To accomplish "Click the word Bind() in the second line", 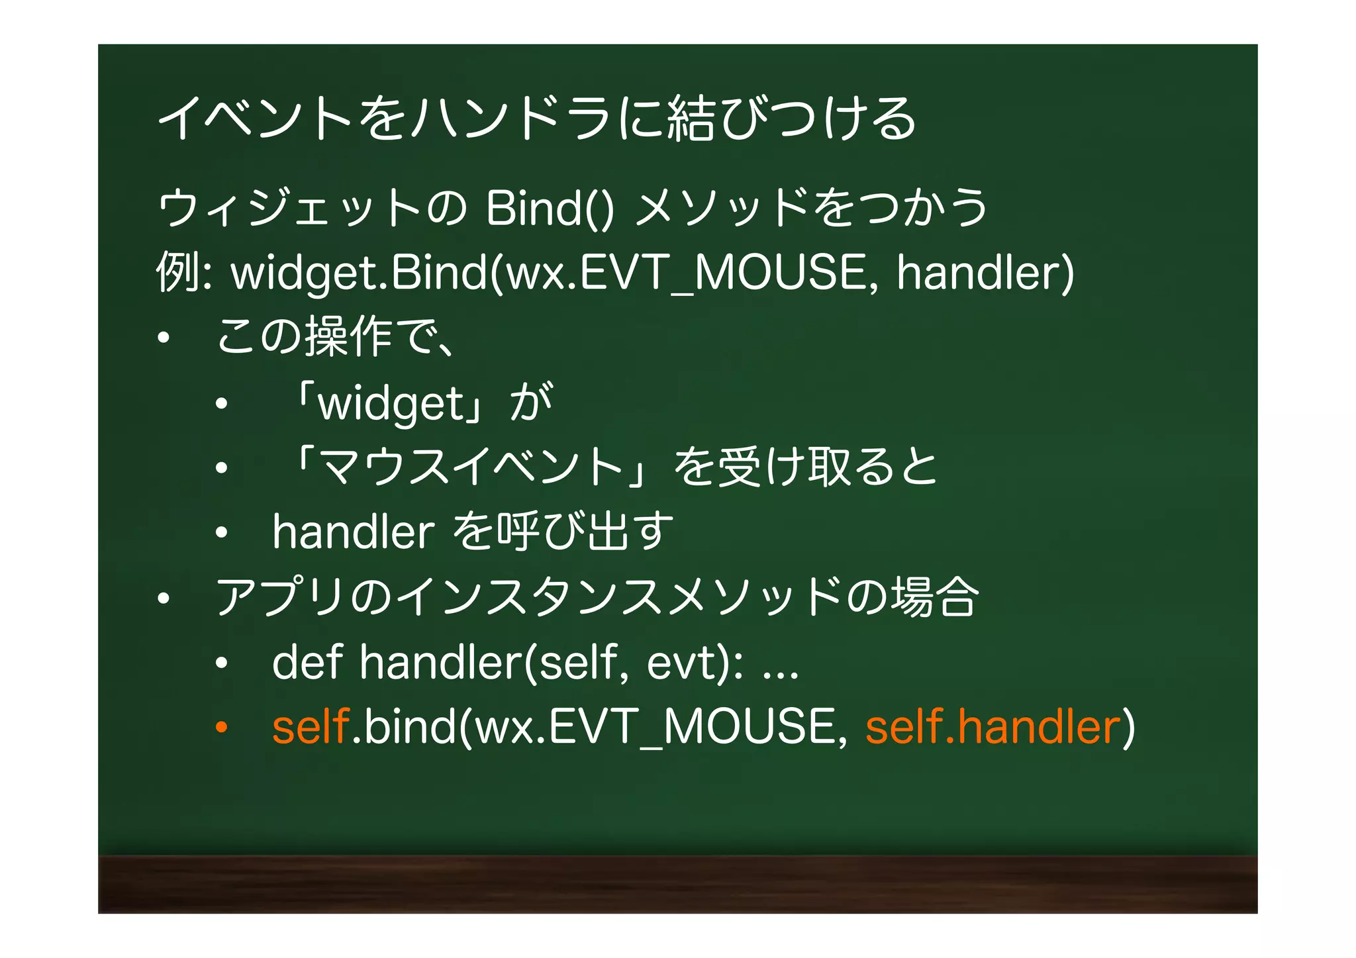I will coord(549,209).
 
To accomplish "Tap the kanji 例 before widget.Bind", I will coord(177,272).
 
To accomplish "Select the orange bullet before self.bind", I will coord(221,727).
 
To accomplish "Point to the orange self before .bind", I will coord(311,727).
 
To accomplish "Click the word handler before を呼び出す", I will coord(353,532).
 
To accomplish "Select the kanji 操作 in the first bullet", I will coord(349,336).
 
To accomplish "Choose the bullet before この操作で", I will coord(164,338).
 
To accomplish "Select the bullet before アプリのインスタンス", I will coord(164,599).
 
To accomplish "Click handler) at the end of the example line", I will coord(985,272).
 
